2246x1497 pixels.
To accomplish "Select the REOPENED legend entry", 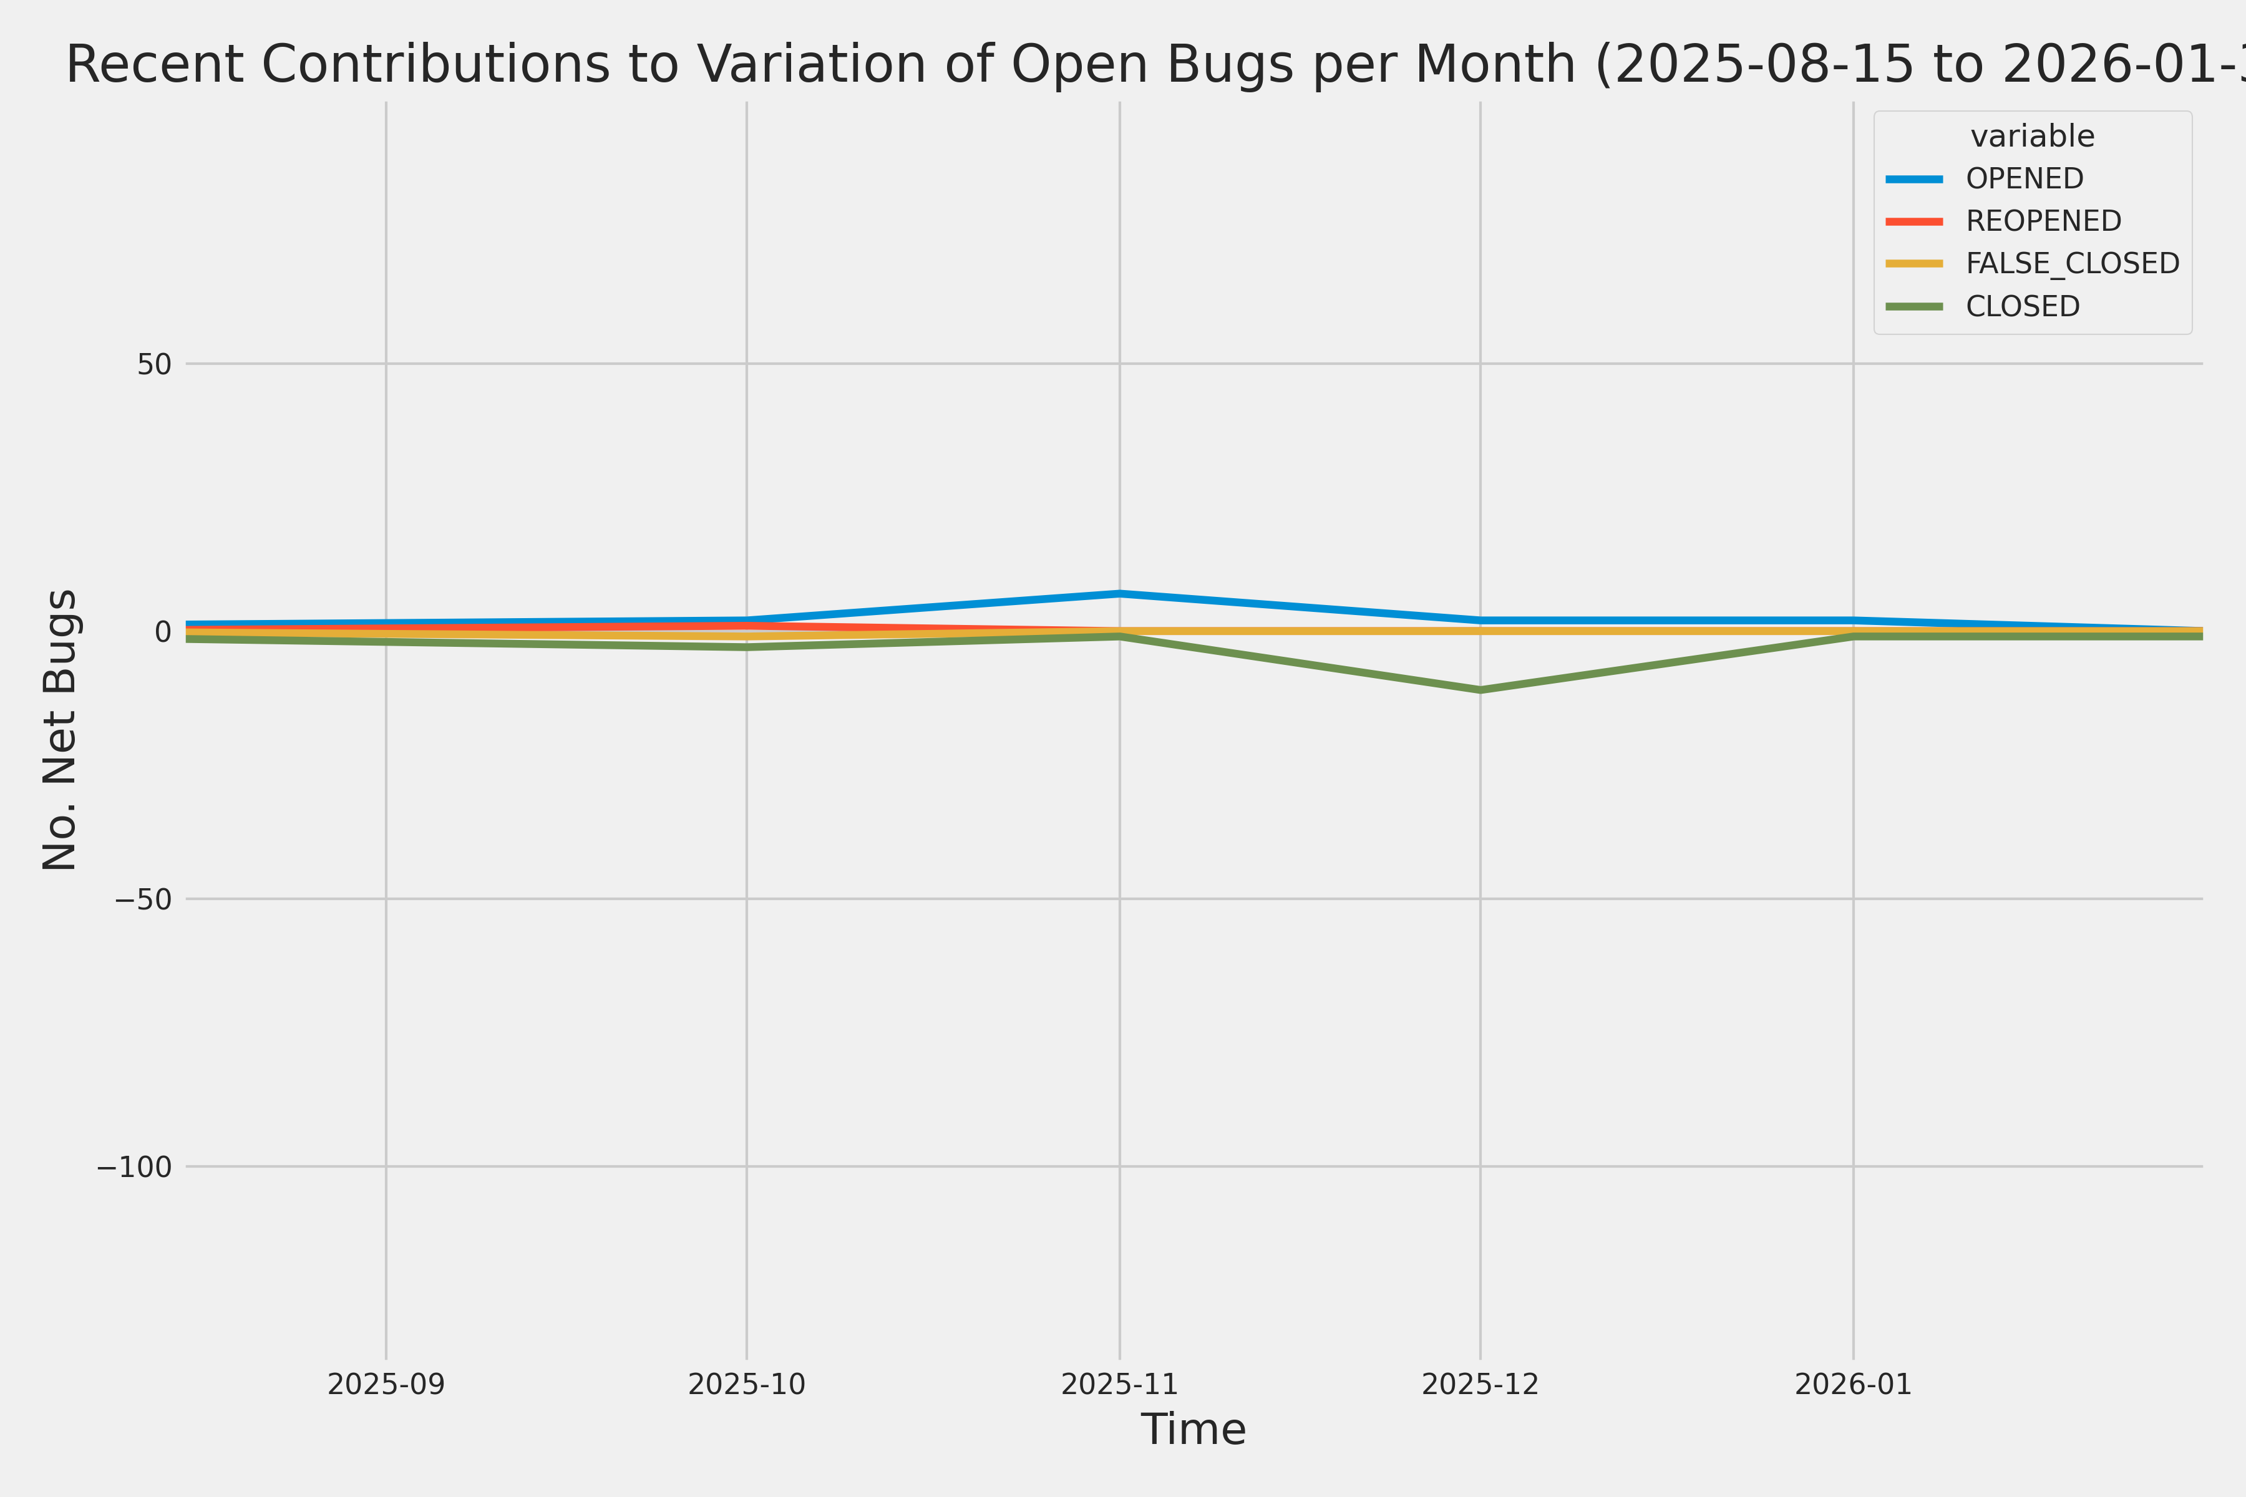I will point(2043,221).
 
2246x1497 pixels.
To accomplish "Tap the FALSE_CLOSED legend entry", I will point(2071,263).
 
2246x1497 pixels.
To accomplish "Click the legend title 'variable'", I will point(2032,137).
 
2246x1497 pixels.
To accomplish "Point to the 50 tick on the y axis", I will point(153,364).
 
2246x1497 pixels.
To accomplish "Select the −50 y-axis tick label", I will point(143,899).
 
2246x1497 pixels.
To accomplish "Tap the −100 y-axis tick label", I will point(134,1166).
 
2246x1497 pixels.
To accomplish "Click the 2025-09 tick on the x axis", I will point(386,1384).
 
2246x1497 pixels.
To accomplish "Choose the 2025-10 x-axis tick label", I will point(747,1384).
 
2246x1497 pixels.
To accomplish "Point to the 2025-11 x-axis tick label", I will point(1119,1384).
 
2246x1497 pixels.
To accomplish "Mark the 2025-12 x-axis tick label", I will point(1480,1384).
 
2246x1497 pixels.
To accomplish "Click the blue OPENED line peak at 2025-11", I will point(1119,593).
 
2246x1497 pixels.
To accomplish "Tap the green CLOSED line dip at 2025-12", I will point(1480,689).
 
